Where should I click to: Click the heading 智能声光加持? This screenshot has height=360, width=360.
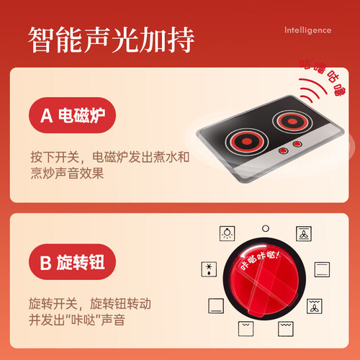pos(111,40)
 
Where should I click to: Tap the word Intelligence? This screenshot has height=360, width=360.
pos(307,30)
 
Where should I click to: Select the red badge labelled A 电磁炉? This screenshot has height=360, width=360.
pos(72,115)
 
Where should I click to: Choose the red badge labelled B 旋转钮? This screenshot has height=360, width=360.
pos(72,262)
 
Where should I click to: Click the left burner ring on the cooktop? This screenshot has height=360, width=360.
pos(246,142)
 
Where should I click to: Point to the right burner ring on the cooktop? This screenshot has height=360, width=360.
pos(292,122)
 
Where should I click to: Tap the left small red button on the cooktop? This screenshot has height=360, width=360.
pos(283,150)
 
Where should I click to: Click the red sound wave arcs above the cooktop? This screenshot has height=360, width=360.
pos(312,89)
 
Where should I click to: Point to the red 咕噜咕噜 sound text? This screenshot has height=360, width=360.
pos(323,77)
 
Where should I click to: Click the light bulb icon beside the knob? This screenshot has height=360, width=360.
pos(227,233)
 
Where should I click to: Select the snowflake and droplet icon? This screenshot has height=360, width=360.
pos(209,269)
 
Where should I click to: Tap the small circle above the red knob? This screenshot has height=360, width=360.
pos(266,228)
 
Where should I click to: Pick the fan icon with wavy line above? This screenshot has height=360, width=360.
pos(315,306)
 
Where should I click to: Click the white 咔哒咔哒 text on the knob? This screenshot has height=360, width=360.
pos(260,260)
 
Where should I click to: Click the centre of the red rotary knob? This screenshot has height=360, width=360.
pos(264,279)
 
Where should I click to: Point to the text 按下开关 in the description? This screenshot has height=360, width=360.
pos(55,158)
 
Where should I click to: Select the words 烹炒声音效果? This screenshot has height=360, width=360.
pos(67,173)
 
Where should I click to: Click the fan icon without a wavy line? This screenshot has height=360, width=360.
pos(304,233)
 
